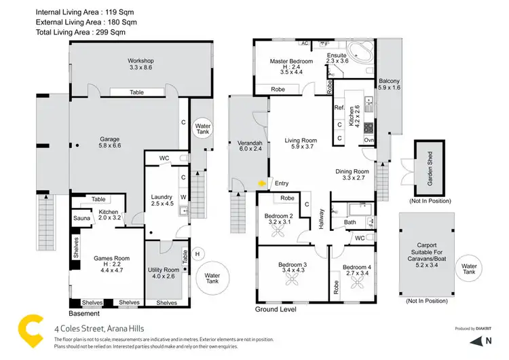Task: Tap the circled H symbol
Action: (198, 254)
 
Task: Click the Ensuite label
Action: (337, 58)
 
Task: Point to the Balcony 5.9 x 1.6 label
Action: (389, 84)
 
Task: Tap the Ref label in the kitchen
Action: (339, 107)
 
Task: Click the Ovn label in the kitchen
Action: (369, 141)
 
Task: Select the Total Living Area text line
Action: (81, 31)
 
